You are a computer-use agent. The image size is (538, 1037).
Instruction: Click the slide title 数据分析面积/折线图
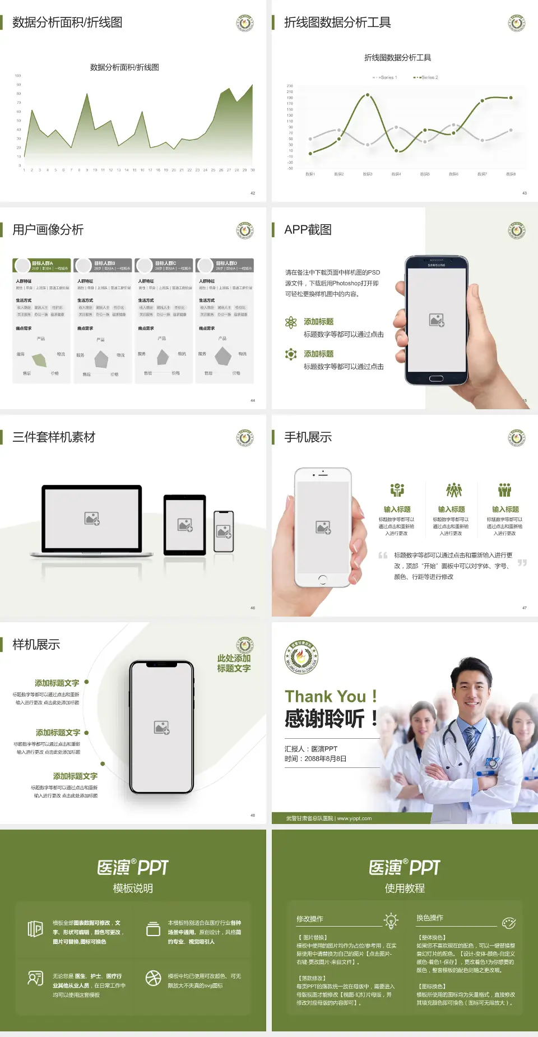[x=67, y=22]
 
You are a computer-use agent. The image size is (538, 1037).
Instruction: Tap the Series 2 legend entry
[x=427, y=77]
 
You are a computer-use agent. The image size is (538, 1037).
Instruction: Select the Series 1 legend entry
[x=386, y=77]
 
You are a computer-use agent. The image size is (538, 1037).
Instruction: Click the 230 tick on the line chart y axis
[x=290, y=86]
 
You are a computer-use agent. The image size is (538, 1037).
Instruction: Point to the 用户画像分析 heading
[x=48, y=230]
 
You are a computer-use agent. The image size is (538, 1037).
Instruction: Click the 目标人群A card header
[x=42, y=265]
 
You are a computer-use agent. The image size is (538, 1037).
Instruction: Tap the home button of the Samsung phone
[x=436, y=378]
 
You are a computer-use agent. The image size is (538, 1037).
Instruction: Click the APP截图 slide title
[x=308, y=230]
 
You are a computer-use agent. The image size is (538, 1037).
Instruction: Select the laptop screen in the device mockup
[x=92, y=518]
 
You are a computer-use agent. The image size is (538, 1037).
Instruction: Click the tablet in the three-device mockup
[x=185, y=525]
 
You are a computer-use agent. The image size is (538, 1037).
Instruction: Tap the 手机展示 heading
[x=308, y=437]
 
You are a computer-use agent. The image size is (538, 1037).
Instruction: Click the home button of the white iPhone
[x=323, y=578]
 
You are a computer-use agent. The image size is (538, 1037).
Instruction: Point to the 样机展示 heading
[x=36, y=645]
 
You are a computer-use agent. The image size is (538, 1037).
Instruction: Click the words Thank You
[x=325, y=697]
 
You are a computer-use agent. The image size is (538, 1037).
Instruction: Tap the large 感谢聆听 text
[x=325, y=719]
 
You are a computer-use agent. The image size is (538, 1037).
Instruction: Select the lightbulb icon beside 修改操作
[x=391, y=920]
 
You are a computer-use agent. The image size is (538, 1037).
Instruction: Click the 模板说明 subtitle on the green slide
[x=133, y=888]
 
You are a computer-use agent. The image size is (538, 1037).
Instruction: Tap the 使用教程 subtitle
[x=405, y=888]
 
